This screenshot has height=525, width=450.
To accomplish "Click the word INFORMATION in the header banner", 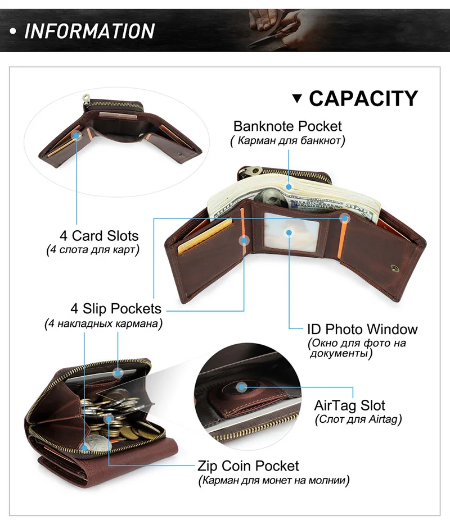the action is point(89,31).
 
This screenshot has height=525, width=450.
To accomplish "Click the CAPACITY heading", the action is point(363,98).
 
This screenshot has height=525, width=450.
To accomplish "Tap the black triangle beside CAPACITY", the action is point(297,98).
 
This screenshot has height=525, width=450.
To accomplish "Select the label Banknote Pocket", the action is point(287,126).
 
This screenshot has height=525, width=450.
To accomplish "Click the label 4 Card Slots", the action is point(99,236).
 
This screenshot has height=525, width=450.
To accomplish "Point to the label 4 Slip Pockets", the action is point(116,308).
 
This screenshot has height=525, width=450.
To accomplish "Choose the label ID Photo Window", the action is point(362,329).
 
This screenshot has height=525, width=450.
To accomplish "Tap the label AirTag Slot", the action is point(349,405).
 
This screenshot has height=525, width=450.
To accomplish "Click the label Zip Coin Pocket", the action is point(248,465).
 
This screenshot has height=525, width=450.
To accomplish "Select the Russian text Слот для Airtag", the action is point(358,419).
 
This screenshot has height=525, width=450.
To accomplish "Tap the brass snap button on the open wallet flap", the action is point(395,267).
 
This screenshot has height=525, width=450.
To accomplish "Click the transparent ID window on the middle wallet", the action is point(291,231).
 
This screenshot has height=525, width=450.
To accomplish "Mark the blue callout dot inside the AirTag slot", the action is point(241,387).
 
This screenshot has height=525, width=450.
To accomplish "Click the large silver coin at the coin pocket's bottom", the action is point(98,444).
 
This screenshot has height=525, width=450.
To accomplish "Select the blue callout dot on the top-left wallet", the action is point(77,136).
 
